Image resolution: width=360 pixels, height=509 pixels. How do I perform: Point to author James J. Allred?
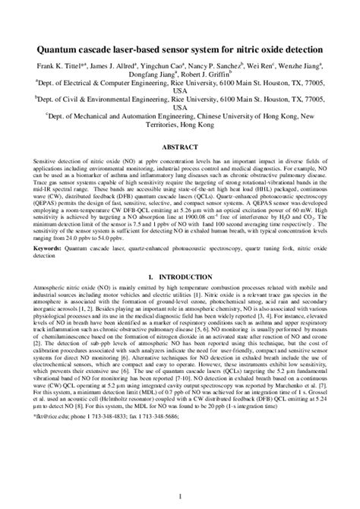(x=118, y=67)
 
